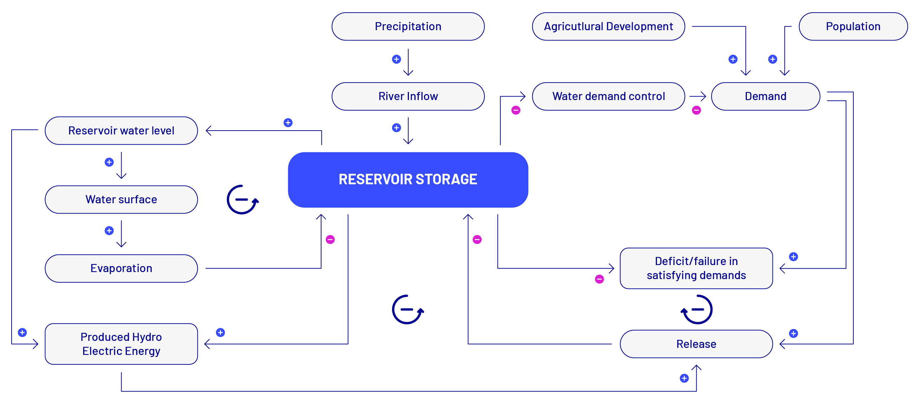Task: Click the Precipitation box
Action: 408,27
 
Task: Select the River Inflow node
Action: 408,96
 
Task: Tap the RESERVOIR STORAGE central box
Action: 408,180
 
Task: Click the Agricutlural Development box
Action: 608,27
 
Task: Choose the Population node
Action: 853,27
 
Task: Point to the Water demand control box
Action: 608,96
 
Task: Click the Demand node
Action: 766,96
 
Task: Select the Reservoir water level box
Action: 121,131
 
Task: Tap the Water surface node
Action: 121,199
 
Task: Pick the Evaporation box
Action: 121,268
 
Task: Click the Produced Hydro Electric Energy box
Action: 121,344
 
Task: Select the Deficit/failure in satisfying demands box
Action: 696,268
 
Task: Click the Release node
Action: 696,344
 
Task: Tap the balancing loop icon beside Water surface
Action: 228,199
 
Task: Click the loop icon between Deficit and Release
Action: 711,310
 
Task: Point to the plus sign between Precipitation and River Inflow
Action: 396,59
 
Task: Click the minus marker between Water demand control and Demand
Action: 696,110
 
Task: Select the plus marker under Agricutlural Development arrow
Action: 733,59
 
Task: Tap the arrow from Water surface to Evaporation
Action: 121,234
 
